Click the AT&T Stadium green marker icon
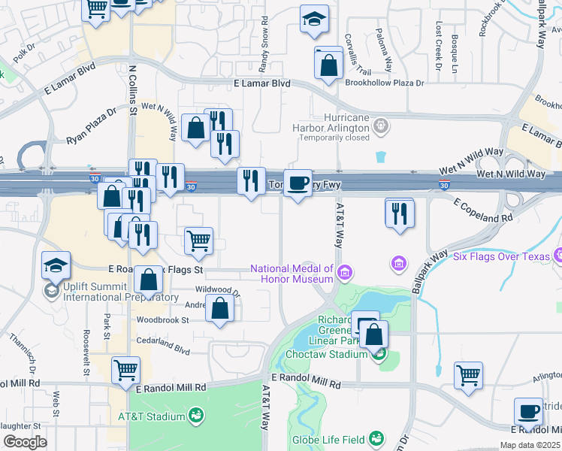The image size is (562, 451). click(x=196, y=415)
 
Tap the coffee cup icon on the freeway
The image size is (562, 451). click(x=298, y=183)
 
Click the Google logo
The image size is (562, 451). click(x=25, y=442)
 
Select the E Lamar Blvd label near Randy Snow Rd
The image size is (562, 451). click(x=261, y=84)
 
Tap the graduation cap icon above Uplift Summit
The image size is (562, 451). click(x=56, y=265)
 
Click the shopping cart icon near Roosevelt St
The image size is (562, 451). click(x=125, y=370)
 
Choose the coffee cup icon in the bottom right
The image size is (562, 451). click(x=528, y=411)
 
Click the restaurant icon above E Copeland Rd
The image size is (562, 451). click(x=400, y=213)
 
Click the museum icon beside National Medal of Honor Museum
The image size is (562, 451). click(x=345, y=271)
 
